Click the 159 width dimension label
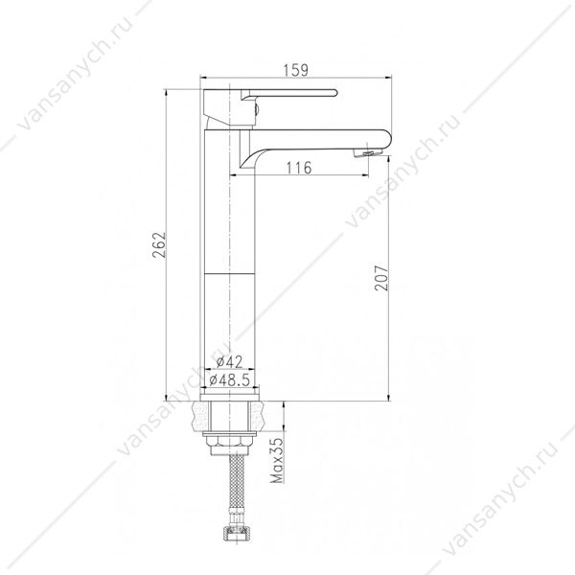coord(296,70)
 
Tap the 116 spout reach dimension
coord(298,168)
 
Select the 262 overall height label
coord(159,244)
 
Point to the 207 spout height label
coord(381,278)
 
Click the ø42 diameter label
coord(229,362)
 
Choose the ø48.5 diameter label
coord(230,379)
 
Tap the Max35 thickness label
coord(277,460)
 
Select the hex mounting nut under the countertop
coord(229,444)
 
